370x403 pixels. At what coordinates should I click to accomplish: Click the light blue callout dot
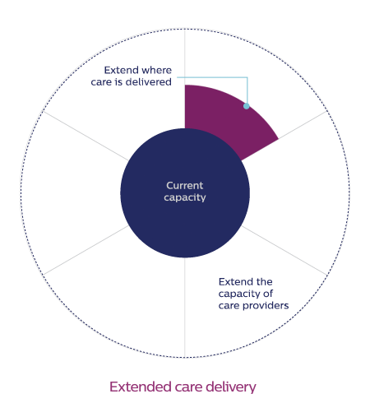click(x=247, y=106)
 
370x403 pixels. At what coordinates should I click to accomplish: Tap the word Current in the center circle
click(x=185, y=186)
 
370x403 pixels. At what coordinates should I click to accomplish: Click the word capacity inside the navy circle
click(x=185, y=197)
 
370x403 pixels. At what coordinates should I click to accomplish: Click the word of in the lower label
click(x=268, y=294)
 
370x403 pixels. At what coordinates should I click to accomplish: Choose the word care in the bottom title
click(x=189, y=387)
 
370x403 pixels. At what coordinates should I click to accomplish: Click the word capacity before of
click(x=239, y=294)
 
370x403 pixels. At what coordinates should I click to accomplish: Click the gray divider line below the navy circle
click(x=185, y=307)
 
